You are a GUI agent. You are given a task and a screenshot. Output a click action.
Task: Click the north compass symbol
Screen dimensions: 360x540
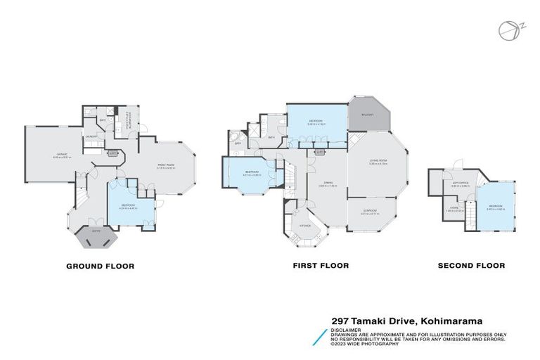click(x=507, y=30)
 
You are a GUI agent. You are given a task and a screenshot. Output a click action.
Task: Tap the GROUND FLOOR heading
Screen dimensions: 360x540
click(x=100, y=266)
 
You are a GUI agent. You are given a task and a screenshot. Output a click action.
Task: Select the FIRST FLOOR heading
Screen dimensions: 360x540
click(x=321, y=266)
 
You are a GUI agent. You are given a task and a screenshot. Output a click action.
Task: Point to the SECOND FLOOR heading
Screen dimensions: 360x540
click(x=471, y=266)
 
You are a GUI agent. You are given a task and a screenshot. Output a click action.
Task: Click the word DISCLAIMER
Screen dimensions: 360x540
click(x=347, y=329)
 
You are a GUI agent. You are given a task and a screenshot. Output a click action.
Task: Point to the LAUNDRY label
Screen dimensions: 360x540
click(x=91, y=136)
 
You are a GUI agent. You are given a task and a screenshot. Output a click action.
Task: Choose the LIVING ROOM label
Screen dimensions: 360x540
click(x=378, y=162)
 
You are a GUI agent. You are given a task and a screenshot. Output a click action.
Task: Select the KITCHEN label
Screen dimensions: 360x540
click(x=305, y=225)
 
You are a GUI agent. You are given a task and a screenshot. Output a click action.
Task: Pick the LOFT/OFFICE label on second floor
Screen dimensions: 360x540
click(x=459, y=185)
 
